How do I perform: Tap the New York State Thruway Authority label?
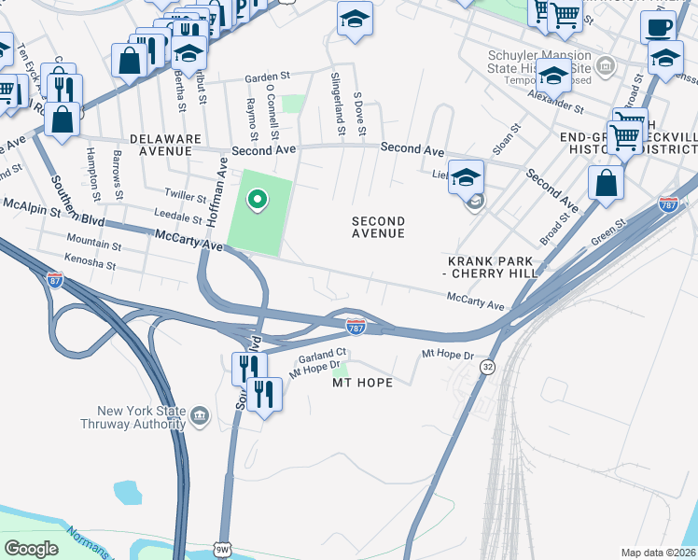[143, 417]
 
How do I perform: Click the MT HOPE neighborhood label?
[361, 383]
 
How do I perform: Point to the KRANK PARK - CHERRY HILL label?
[493, 267]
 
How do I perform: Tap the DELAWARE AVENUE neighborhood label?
[165, 145]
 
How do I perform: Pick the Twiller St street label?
[184, 198]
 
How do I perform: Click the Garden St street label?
[269, 78]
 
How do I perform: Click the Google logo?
[31, 549]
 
